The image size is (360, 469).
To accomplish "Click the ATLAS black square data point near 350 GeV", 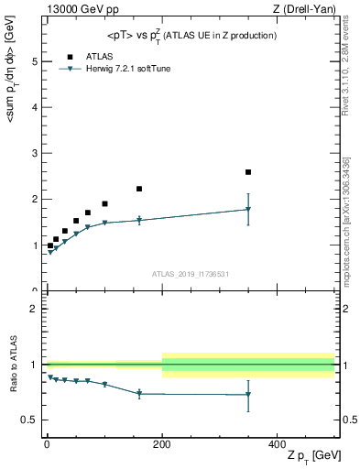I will click(248, 172).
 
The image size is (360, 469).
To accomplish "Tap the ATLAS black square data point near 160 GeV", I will click(139, 189).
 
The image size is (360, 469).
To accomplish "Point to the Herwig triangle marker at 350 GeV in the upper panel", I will click(248, 209).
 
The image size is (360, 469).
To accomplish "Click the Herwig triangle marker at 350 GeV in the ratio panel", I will click(248, 395).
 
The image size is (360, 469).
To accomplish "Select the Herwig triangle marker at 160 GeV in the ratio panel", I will click(139, 393).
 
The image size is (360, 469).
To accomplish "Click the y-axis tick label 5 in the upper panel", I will click(34, 61).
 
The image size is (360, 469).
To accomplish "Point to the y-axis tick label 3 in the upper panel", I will click(34, 153).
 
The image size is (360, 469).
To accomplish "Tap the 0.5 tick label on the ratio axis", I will click(30, 420).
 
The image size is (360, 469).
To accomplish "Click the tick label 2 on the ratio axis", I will click(34, 309).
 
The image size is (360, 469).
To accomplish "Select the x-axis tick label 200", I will click(162, 443).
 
